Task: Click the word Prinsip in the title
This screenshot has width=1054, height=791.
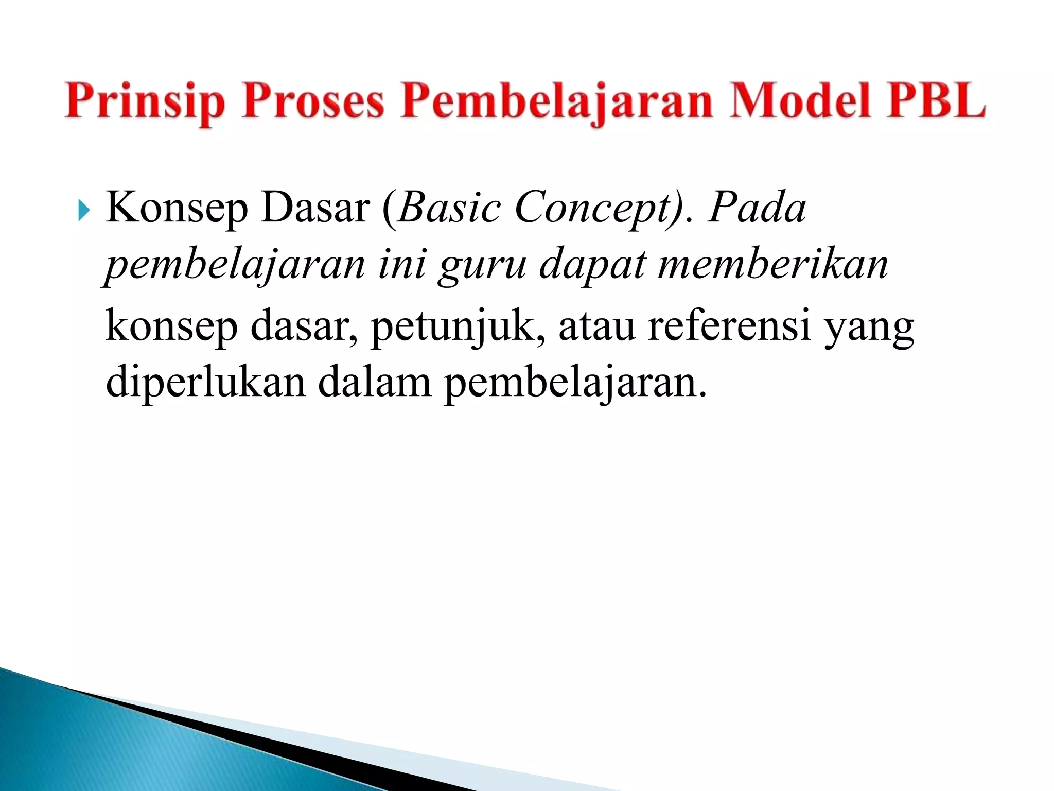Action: coord(145,102)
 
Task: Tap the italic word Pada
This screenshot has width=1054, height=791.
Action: coord(757,208)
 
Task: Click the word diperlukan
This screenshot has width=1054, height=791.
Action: coord(205,384)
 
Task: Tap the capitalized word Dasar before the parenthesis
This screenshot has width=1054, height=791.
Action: coord(315,208)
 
